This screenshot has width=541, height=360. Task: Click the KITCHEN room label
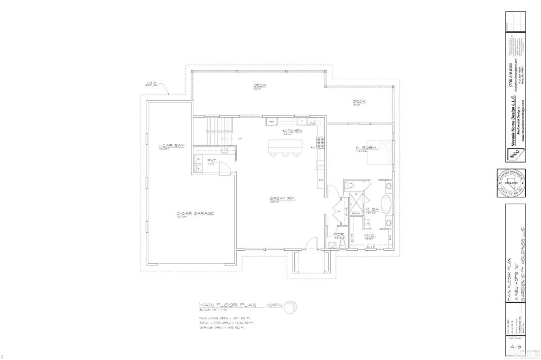[292, 130]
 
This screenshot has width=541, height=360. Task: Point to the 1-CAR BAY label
[171, 145]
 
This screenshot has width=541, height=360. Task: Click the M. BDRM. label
[366, 149]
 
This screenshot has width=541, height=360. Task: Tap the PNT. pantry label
[211, 160]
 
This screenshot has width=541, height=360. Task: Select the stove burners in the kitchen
[320, 141]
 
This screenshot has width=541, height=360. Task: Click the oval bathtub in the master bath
[387, 206]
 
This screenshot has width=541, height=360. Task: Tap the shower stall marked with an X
[352, 201]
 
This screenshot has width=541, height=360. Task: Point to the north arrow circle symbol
[292, 307]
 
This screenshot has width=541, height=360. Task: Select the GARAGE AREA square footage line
[224, 328]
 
